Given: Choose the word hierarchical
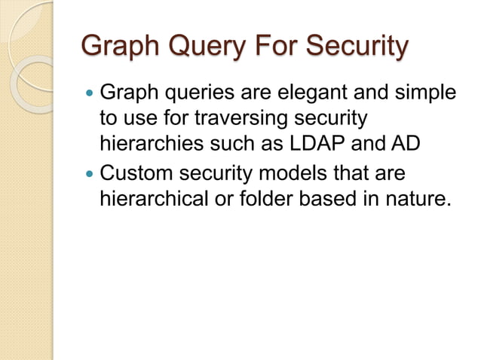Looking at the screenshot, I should [x=149, y=198].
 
